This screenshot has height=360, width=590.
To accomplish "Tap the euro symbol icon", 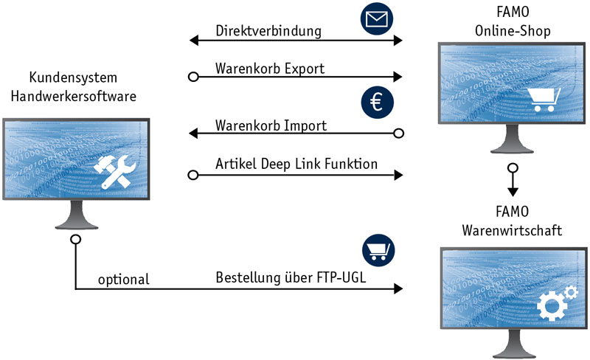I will tap(376, 103).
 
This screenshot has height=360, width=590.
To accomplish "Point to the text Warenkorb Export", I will tap(270, 69).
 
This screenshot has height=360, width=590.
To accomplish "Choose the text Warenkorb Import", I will tap(271, 126).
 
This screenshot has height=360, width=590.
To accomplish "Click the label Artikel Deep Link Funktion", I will tap(296, 164).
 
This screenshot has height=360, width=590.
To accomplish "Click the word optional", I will tap(123, 280).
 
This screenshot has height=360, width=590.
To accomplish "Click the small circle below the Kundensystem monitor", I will tap(75, 240).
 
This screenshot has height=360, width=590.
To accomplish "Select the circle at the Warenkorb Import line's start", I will tap(399, 134).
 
